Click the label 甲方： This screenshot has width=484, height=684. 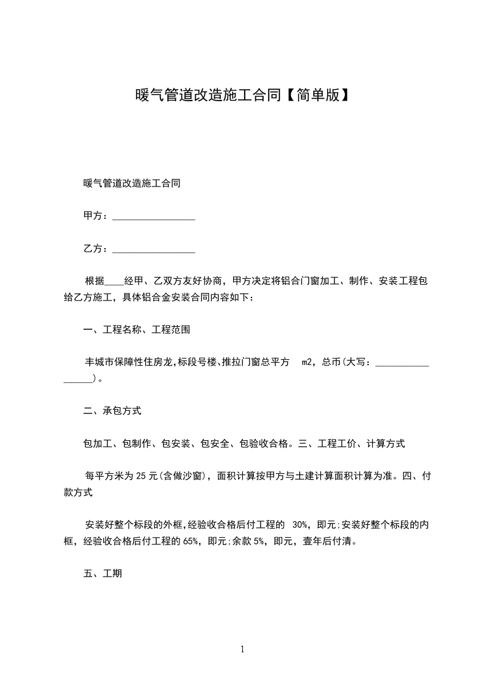96,216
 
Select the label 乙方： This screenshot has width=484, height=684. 96,249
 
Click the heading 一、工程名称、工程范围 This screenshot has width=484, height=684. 136,330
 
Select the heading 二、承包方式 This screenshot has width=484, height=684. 112,411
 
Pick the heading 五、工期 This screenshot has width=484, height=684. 103,574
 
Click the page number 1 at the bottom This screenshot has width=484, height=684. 242,649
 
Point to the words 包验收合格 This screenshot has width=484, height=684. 259,444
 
